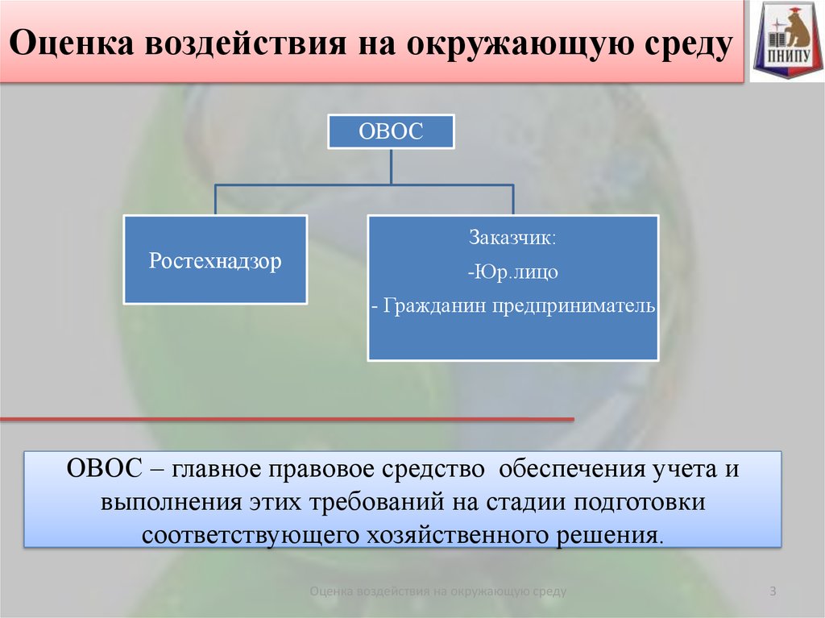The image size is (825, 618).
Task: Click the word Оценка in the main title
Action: point(72,44)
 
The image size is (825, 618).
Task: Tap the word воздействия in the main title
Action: point(246,44)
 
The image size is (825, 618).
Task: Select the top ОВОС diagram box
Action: point(391,131)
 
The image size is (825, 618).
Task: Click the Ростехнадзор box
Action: point(215,259)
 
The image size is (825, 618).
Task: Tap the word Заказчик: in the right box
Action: point(512,238)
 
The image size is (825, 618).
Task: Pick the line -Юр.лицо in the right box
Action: point(512,272)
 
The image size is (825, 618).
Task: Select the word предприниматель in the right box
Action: point(574,306)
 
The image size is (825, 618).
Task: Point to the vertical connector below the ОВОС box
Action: point(391,166)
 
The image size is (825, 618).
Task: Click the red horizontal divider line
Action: point(287,419)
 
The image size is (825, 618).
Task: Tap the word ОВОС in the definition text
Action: point(104,468)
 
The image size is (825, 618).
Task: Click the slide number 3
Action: point(773,591)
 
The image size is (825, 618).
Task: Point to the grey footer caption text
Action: point(438,591)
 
